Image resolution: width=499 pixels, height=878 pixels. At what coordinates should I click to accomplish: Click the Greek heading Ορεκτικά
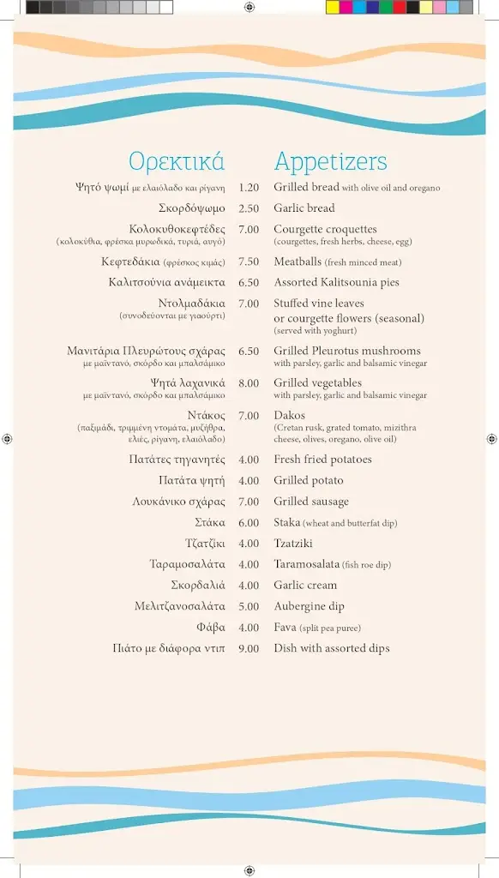(177, 161)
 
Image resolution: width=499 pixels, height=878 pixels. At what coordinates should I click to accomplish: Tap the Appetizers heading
(330, 161)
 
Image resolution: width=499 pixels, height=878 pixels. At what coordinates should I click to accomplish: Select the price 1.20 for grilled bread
(249, 188)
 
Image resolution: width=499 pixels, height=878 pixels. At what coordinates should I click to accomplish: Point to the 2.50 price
(249, 208)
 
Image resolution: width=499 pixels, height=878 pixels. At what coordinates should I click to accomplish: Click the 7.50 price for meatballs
(249, 262)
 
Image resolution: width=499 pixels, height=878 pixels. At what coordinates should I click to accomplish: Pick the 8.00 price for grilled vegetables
(249, 383)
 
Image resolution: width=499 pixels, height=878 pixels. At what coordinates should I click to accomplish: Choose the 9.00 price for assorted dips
(249, 649)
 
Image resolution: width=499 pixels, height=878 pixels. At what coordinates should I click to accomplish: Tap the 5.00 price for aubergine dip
(249, 607)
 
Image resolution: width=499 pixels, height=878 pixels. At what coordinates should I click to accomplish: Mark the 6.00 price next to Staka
(249, 523)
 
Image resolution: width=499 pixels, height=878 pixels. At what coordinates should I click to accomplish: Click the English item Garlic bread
(304, 208)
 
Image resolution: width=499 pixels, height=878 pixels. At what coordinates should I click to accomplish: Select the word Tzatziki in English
(293, 544)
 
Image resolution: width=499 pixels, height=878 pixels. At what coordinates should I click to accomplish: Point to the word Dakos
(290, 416)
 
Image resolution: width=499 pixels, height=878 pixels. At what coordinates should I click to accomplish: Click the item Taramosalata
(307, 564)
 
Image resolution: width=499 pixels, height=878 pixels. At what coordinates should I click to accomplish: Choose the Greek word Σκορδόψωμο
(192, 208)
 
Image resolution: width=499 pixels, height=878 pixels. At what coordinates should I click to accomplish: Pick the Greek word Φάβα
(211, 628)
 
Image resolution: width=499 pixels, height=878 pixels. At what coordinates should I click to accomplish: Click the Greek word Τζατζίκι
(205, 544)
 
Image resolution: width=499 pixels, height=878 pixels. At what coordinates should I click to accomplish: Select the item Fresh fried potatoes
(323, 460)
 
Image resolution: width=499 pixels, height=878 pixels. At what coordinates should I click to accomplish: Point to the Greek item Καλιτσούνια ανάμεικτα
(167, 283)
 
